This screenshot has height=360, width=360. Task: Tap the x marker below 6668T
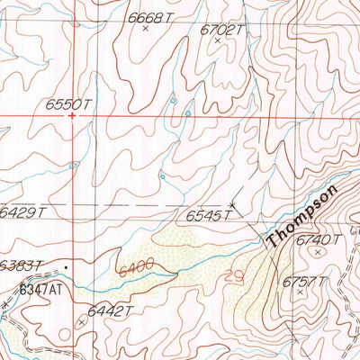(145, 29)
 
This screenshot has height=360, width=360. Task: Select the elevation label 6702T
(222, 29)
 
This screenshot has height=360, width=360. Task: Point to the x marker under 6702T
(217, 40)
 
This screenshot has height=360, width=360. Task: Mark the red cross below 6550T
(71, 116)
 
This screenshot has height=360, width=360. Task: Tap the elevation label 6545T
(209, 216)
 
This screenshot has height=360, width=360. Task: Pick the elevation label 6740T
(319, 239)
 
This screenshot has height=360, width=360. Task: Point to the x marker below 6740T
(317, 253)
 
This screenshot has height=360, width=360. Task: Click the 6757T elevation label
(305, 282)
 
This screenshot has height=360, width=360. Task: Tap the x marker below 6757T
(300, 293)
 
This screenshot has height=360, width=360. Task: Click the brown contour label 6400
(137, 265)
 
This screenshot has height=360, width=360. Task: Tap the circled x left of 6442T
(82, 319)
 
